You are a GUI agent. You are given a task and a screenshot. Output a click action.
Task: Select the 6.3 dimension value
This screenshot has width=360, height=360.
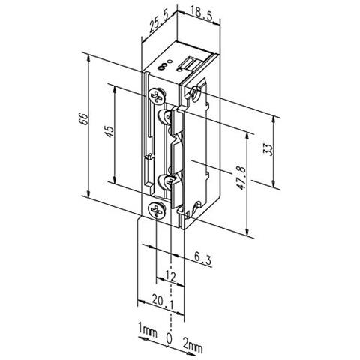[x=202, y=257]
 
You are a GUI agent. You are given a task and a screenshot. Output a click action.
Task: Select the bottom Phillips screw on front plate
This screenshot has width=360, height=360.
[x=156, y=211]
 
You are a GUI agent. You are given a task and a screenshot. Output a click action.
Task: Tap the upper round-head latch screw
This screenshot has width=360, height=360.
[x=166, y=115]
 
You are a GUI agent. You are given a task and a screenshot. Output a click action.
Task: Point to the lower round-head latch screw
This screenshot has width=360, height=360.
[x=166, y=181]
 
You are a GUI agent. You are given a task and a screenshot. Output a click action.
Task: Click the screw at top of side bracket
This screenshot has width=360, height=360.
[x=196, y=93]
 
